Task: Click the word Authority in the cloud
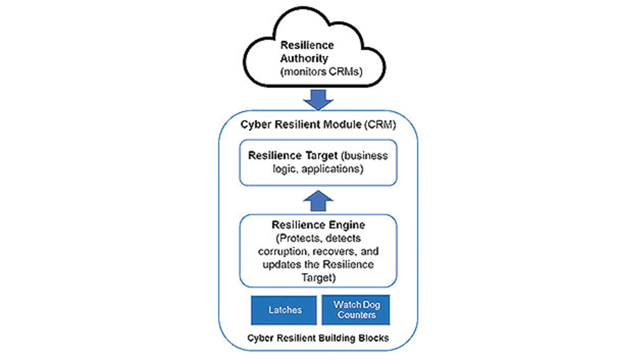point(307,58)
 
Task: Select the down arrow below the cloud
point(318,99)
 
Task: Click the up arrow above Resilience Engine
point(318,201)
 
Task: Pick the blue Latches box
point(284,310)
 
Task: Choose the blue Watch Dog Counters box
point(355,310)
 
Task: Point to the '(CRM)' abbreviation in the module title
point(380,124)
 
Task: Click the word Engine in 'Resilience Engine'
point(347,225)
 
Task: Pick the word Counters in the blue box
point(356,316)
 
